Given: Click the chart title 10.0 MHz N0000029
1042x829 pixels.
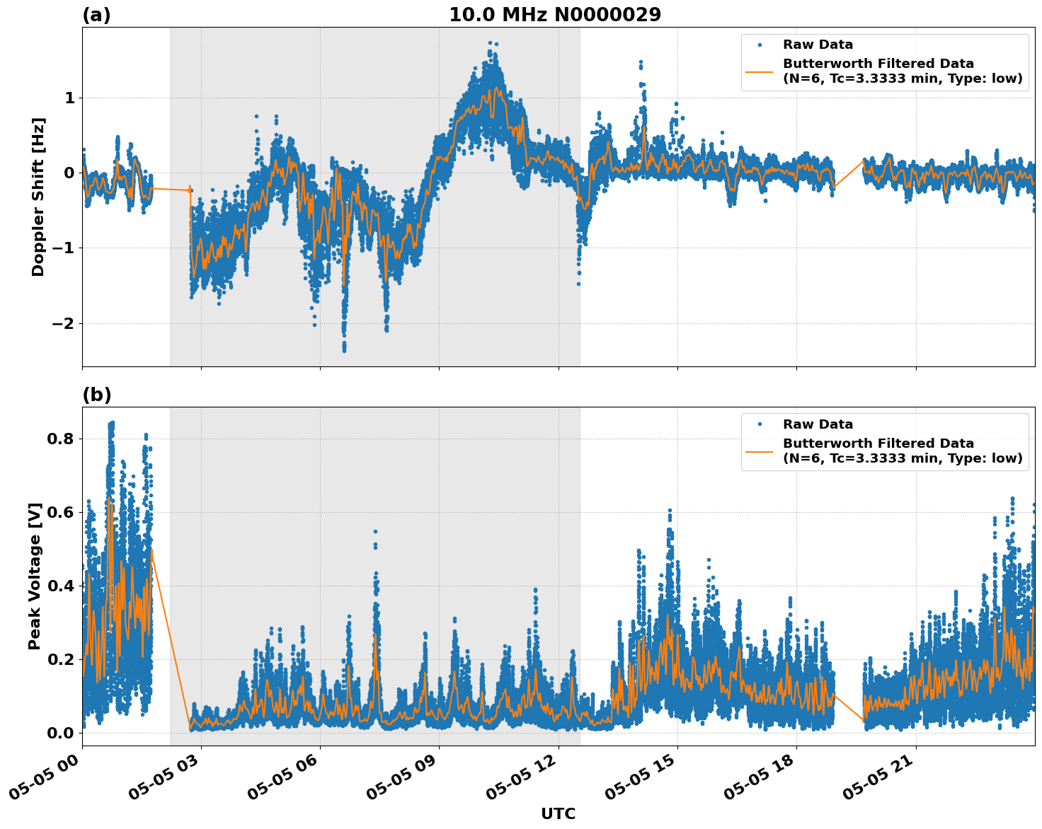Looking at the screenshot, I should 555,15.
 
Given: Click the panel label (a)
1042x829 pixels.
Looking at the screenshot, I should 96,15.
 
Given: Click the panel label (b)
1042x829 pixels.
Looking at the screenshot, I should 97,395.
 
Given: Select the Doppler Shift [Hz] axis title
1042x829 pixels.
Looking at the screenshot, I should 38,197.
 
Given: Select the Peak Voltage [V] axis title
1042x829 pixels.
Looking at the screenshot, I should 35,576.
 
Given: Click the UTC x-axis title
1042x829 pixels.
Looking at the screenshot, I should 558,814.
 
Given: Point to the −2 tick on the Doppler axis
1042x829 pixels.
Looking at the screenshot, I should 64,323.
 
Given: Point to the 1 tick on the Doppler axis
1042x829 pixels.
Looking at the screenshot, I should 69,98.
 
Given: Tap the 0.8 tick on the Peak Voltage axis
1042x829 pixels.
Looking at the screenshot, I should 60,439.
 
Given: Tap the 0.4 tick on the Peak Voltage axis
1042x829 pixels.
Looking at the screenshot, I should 60,586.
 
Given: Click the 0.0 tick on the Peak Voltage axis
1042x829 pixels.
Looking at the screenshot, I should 60,733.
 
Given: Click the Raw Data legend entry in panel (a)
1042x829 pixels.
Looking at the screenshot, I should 818,45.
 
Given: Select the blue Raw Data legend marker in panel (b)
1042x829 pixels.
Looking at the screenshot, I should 760,424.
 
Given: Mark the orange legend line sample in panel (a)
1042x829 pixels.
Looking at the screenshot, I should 760,71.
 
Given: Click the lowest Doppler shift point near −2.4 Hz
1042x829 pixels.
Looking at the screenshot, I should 344,349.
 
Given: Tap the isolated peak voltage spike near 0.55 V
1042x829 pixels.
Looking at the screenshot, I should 375,531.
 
